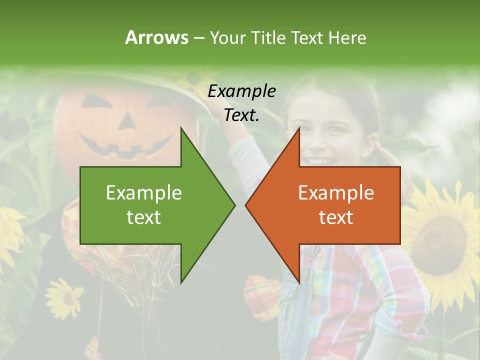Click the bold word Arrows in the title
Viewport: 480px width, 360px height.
coord(156,37)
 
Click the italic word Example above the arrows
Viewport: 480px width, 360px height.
coord(241,91)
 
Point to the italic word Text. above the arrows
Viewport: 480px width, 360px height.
coord(241,115)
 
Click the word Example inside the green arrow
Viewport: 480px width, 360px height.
coord(144,192)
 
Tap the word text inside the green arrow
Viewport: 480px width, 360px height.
coord(144,217)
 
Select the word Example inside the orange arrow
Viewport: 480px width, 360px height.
coord(336,192)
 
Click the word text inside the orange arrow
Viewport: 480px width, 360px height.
coord(336,217)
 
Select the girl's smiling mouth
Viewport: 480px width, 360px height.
coord(320,161)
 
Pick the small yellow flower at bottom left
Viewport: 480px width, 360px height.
coord(64,297)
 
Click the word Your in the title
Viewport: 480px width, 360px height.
coord(227,37)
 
